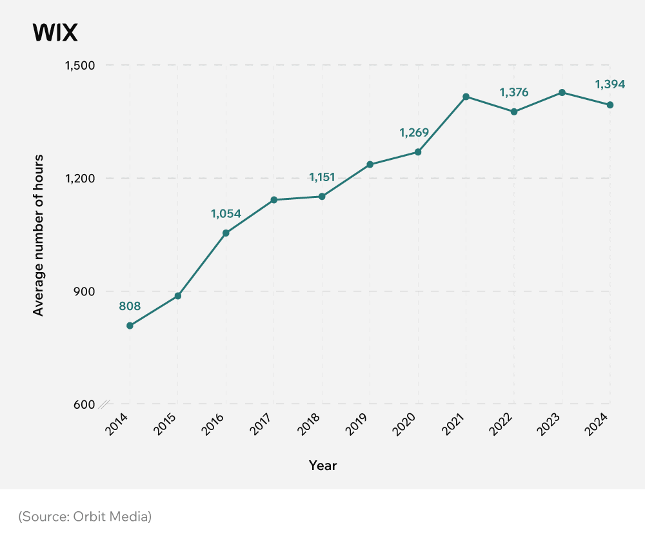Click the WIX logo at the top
click(x=55, y=33)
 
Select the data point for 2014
click(x=130, y=326)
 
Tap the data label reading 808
click(x=130, y=306)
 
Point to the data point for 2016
click(x=226, y=233)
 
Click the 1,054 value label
click(x=226, y=213)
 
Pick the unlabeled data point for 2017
click(x=273, y=200)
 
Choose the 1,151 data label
click(x=322, y=177)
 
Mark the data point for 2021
click(x=466, y=97)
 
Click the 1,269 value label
click(x=414, y=133)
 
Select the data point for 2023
click(x=562, y=92)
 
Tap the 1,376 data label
click(x=514, y=92)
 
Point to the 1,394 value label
click(x=610, y=84)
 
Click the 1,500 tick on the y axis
click(x=80, y=65)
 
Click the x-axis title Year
click(x=322, y=465)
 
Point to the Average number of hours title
click(x=39, y=235)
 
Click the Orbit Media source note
click(x=84, y=516)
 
